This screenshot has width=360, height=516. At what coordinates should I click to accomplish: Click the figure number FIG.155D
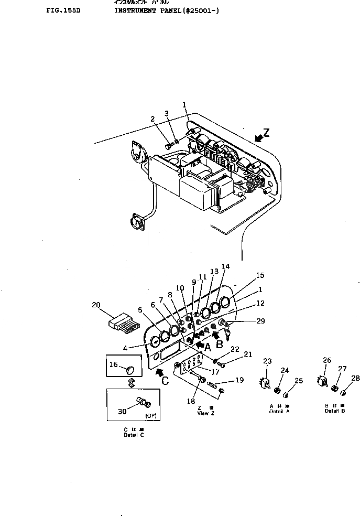(x=63, y=10)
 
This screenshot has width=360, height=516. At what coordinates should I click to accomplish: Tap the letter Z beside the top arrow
(x=267, y=133)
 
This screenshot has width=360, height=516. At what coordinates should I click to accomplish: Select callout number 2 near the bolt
(x=153, y=119)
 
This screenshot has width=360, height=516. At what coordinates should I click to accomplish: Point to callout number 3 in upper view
(x=167, y=113)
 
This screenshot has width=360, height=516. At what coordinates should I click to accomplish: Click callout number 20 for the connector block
(x=96, y=305)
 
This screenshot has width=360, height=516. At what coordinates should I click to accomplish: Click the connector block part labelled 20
(x=122, y=321)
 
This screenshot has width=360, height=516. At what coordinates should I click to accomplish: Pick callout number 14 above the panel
(x=225, y=266)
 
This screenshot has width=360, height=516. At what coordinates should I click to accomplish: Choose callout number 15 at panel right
(x=260, y=275)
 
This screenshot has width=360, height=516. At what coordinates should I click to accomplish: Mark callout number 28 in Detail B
(x=355, y=378)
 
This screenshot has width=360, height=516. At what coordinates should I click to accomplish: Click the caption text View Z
(x=203, y=413)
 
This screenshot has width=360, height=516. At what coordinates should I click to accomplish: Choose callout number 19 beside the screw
(x=240, y=381)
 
